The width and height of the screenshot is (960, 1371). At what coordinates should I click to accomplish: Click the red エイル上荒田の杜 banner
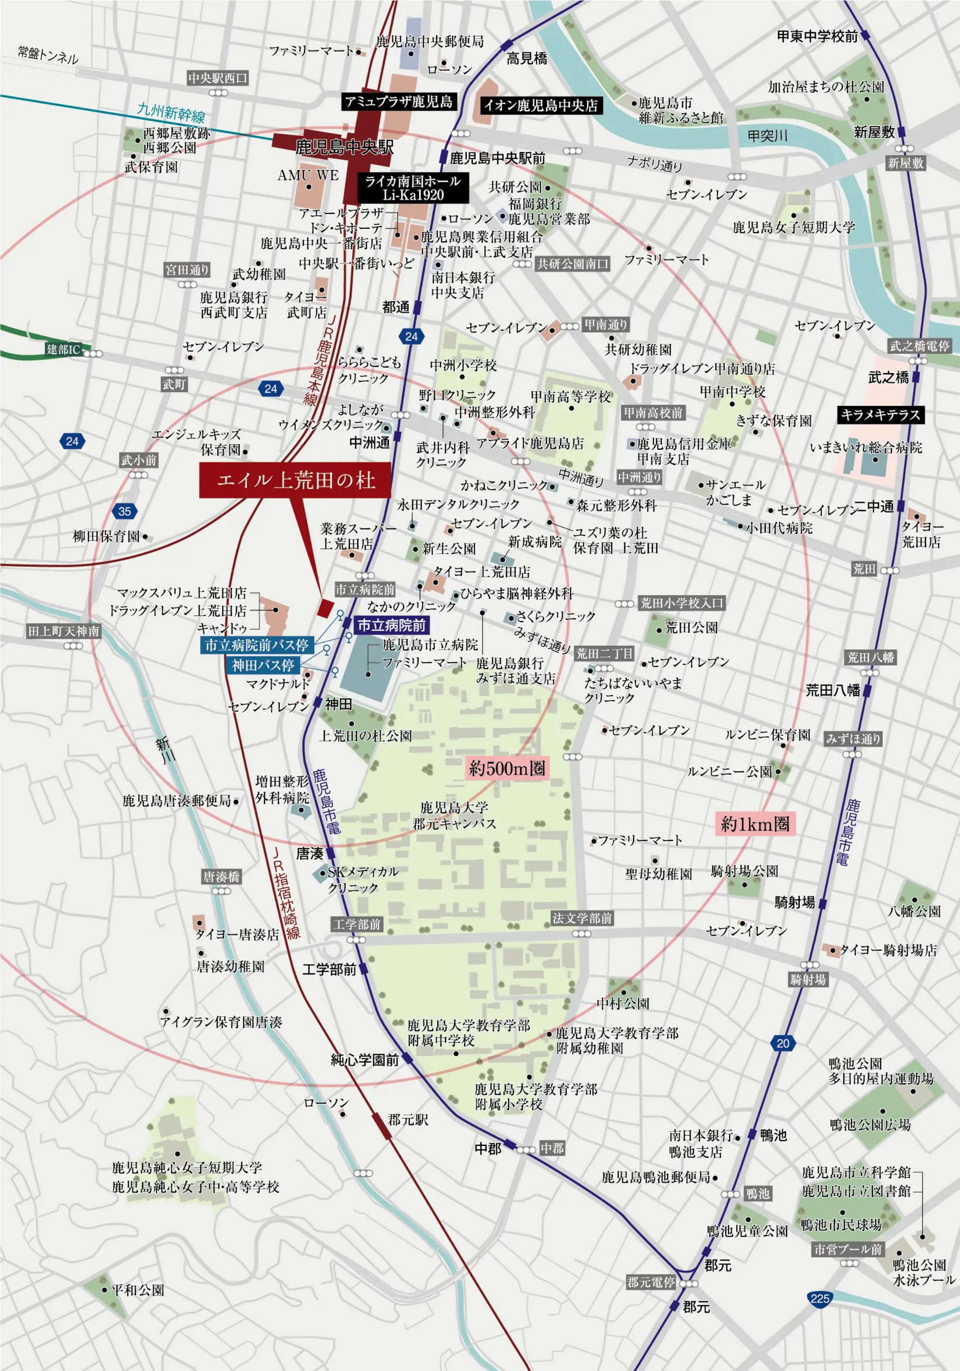(x=295, y=480)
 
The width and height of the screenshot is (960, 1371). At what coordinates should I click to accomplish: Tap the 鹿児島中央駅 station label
(x=344, y=147)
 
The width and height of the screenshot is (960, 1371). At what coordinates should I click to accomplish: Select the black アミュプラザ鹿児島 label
(x=399, y=102)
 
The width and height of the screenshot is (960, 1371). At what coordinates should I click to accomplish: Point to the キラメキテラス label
(x=880, y=415)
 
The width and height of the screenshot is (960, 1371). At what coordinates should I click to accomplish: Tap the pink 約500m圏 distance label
(x=507, y=768)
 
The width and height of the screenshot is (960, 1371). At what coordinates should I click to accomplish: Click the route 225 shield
(x=819, y=1298)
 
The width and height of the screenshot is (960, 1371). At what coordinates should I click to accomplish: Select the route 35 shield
(x=124, y=511)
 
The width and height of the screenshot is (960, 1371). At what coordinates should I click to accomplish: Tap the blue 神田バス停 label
(x=263, y=665)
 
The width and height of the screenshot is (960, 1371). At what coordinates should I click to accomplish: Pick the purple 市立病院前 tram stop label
(x=391, y=625)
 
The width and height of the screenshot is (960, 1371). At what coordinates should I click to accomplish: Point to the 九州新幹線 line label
(x=171, y=112)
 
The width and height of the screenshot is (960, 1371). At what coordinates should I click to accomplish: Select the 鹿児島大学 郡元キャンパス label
(x=454, y=816)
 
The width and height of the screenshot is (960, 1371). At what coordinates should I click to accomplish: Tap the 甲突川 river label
(x=767, y=136)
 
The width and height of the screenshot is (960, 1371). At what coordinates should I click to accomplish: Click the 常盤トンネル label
(x=48, y=55)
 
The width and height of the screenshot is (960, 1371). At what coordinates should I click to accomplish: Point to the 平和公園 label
(x=137, y=1290)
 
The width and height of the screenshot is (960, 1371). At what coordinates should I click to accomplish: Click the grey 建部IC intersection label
(x=63, y=350)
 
